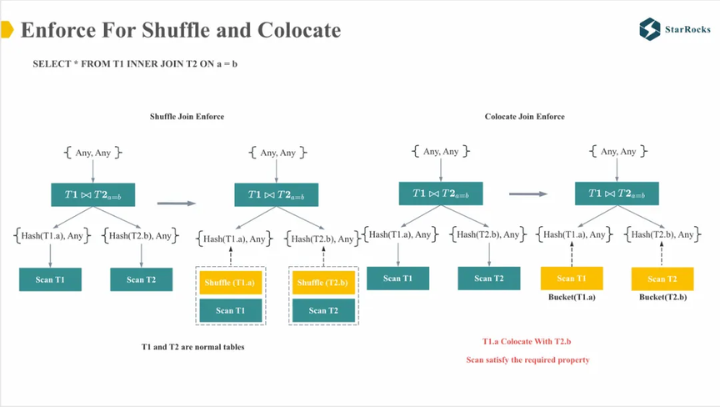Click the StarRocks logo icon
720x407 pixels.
coord(650,29)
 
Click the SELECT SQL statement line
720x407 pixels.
coord(135,64)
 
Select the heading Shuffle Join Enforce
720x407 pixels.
coord(187,117)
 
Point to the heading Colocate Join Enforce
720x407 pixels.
coord(524,117)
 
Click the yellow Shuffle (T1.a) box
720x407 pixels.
coord(230,283)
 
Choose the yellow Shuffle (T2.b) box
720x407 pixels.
coord(323,283)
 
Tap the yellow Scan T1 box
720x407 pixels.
coord(572,279)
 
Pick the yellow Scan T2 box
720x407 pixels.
coord(662,279)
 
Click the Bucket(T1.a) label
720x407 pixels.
coord(572,298)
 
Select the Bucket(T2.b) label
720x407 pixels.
coord(662,298)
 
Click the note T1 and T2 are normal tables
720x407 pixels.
coord(192,346)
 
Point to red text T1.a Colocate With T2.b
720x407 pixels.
coord(527,341)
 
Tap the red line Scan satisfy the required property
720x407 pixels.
coord(527,359)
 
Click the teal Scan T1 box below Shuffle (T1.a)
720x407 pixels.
coord(230,310)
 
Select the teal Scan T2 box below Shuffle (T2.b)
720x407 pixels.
coord(323,310)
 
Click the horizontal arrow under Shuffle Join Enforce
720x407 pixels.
coord(176,203)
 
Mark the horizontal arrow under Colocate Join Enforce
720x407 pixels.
coord(528,194)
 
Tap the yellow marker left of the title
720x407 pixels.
coord(7,31)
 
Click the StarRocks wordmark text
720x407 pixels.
coord(687,29)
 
